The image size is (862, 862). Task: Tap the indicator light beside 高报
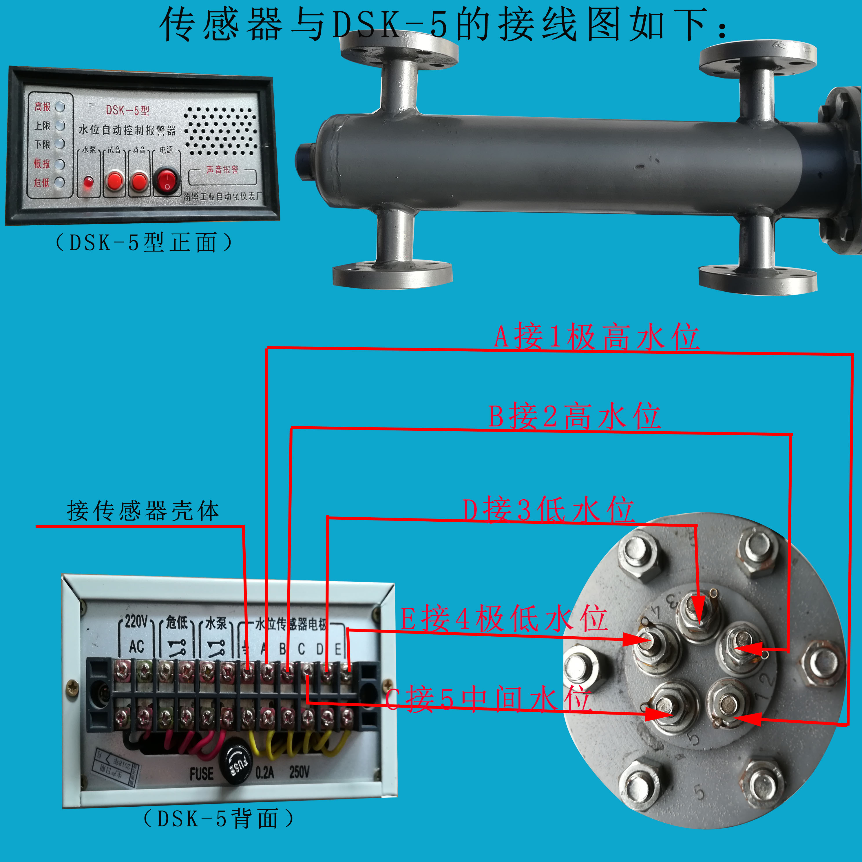click(x=60, y=107)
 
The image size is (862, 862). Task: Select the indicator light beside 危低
click(x=60, y=182)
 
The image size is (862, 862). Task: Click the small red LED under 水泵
click(x=88, y=182)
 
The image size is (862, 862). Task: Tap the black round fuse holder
click(x=239, y=766)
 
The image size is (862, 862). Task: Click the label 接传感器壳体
click(x=143, y=511)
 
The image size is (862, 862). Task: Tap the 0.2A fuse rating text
click(x=264, y=772)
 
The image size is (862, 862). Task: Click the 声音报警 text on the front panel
click(x=222, y=169)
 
